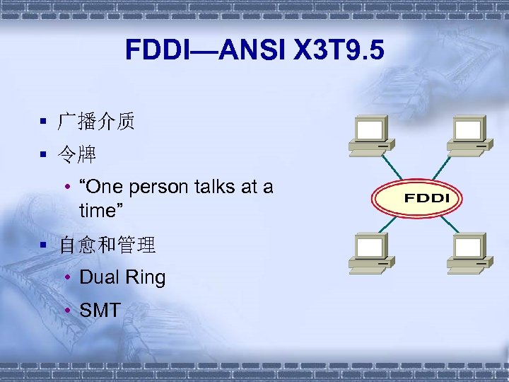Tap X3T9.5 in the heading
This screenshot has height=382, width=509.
pyautogui.click(x=339, y=50)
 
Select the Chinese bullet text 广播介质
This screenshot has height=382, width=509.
pyautogui.click(x=97, y=122)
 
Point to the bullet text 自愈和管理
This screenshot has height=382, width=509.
pyautogui.click(x=107, y=245)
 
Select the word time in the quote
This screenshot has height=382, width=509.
pyautogui.click(x=98, y=211)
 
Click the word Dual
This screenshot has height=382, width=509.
pyautogui.click(x=100, y=278)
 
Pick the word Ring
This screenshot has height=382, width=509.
pyautogui.click(x=146, y=278)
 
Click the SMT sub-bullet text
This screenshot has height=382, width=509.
pyautogui.click(x=100, y=309)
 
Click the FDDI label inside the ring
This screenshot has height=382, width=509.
pyautogui.click(x=426, y=197)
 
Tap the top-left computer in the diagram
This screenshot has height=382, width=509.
pyautogui.click(x=370, y=134)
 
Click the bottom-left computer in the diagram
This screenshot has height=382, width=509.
pyautogui.click(x=370, y=252)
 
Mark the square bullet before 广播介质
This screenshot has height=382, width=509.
pyautogui.click(x=44, y=122)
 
